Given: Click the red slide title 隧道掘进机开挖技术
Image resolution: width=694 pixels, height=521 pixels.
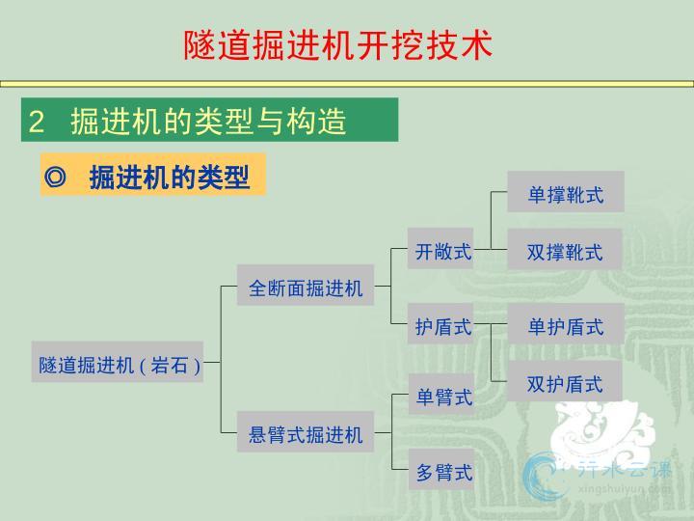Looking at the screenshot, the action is [x=338, y=45].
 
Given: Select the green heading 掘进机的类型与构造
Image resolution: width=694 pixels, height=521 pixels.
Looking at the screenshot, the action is [x=208, y=121].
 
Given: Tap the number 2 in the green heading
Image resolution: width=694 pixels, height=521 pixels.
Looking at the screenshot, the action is [x=37, y=122].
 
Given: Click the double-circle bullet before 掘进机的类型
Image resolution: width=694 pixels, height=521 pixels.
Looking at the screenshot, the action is [x=55, y=178].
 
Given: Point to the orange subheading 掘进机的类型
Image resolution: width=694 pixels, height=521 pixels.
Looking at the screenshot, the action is [x=170, y=178].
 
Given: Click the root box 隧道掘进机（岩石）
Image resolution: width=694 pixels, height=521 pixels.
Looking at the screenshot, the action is [x=118, y=362].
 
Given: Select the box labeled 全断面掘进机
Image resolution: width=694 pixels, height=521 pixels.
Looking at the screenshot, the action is [x=306, y=286].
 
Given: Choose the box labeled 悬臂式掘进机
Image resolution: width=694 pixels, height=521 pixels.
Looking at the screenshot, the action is [x=306, y=431].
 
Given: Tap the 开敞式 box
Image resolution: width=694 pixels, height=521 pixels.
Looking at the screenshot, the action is [x=440, y=249].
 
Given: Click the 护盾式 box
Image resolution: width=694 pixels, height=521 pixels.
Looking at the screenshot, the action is [x=440, y=324].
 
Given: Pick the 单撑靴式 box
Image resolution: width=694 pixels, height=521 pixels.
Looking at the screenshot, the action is [x=566, y=191].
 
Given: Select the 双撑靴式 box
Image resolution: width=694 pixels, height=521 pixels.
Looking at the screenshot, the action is [x=565, y=249].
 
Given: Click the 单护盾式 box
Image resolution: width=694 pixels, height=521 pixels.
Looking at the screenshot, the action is [x=566, y=324].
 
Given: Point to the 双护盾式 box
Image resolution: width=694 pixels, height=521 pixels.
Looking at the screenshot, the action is [x=565, y=381].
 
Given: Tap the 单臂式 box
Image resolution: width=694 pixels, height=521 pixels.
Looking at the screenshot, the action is [x=441, y=394].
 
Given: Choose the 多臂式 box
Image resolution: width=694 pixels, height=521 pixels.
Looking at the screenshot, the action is [x=441, y=469].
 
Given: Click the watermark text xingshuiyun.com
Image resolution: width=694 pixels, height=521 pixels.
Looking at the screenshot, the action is [x=624, y=489].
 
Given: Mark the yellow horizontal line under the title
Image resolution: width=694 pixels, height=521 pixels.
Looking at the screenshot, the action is [x=347, y=84].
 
